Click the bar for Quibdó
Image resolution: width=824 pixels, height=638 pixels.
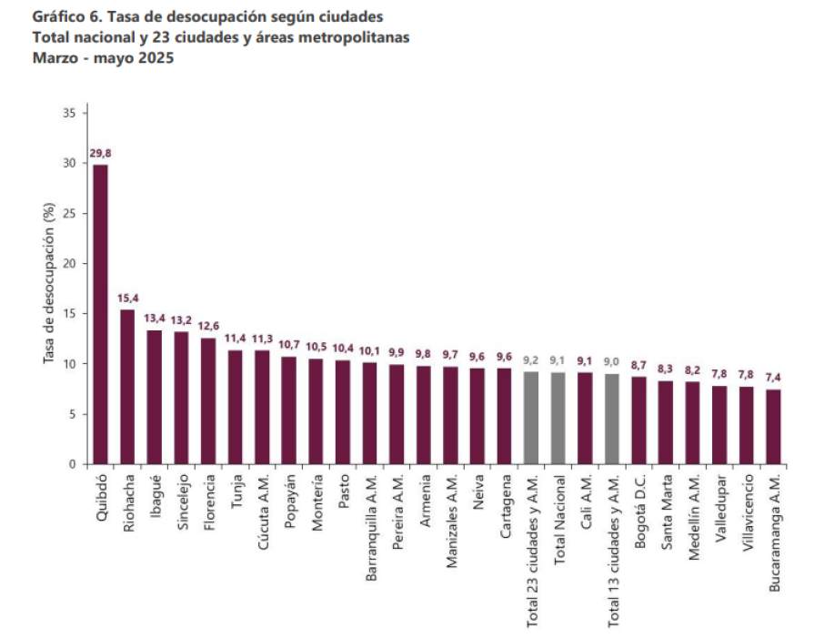[101, 314]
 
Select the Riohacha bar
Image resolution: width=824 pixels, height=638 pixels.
[127, 387]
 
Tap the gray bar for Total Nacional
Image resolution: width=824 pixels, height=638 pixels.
[558, 418]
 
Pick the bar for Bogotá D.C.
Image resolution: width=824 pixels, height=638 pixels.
[639, 420]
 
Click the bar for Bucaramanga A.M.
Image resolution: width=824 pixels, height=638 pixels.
[773, 427]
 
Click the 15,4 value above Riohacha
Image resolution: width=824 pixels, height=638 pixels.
[127, 299]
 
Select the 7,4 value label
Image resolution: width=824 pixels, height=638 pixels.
[773, 379]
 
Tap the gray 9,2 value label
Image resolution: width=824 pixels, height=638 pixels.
[532, 360]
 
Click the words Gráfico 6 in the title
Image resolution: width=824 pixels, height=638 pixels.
[64, 17]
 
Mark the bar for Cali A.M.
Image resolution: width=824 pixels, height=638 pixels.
[586, 418]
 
